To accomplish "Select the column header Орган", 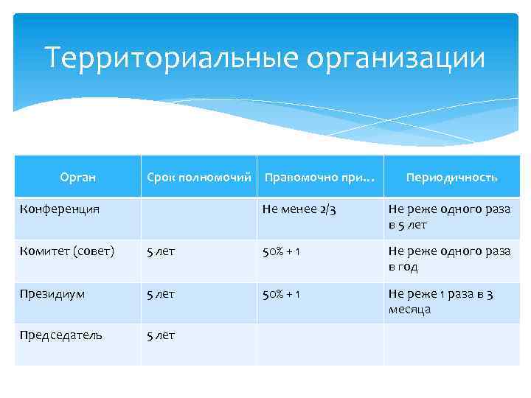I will point(77,178).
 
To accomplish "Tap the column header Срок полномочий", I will point(198,178).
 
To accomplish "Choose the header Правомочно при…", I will point(319,178).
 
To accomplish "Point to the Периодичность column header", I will point(451,178).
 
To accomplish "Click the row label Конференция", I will point(60,209).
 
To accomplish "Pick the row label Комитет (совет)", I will point(67,251).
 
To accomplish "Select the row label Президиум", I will point(52,293).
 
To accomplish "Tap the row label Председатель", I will point(61,335).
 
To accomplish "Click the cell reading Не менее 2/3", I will point(299,209).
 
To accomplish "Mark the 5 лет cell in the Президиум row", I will point(161,293).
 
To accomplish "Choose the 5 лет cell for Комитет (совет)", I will point(161,251).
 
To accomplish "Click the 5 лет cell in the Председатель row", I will point(161,335).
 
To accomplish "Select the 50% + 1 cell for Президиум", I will point(284,293).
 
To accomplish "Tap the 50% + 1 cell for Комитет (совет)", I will point(284,251).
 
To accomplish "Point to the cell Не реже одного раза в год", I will point(449,259).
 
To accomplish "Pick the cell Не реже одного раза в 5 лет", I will point(449,217).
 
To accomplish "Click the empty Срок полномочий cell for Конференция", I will point(198,217).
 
